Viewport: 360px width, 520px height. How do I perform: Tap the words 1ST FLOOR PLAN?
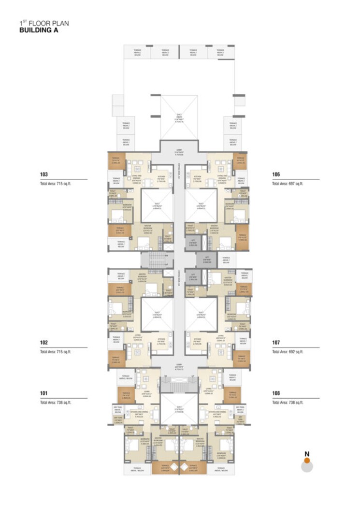[x=40, y=23]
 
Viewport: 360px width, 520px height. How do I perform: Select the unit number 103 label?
[x=44, y=174]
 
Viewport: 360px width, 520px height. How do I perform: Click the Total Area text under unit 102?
[x=56, y=352]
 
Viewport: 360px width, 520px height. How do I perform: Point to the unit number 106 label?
[x=276, y=174]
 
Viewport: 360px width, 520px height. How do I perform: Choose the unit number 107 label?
[x=276, y=343]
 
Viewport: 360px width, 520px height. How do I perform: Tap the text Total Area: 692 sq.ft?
[x=288, y=352]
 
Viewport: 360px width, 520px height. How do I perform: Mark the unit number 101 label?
[x=44, y=393]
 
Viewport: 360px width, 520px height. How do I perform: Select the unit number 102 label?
[x=44, y=343]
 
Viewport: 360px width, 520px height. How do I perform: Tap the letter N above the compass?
[x=307, y=453]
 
